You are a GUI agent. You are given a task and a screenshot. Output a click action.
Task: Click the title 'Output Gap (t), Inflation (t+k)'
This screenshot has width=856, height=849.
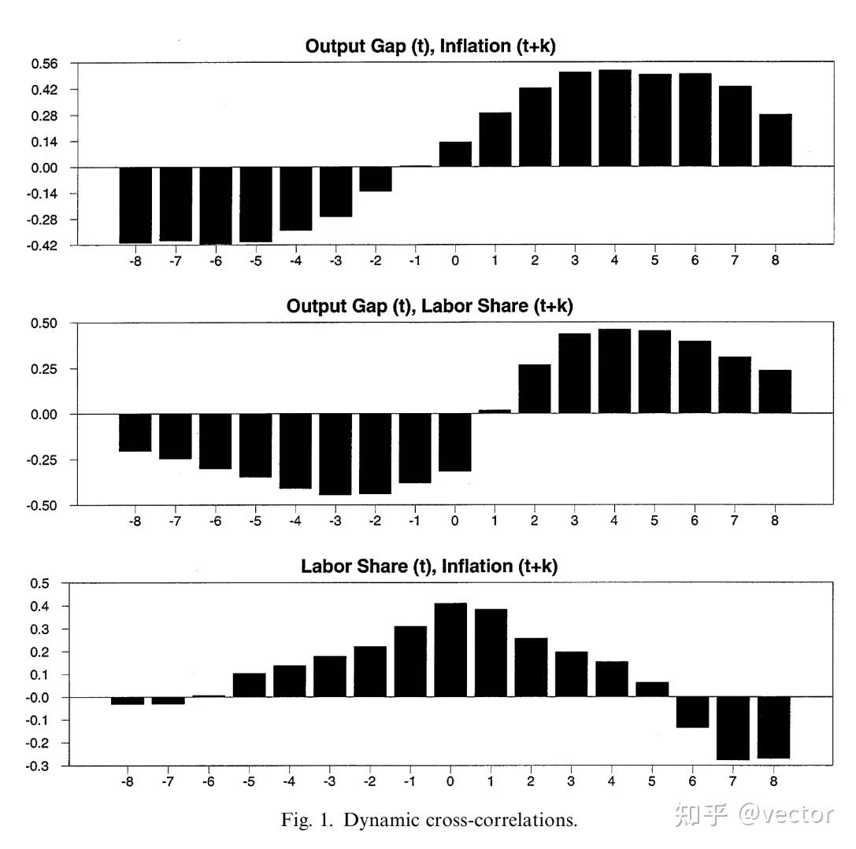pyautogui.click(x=430, y=46)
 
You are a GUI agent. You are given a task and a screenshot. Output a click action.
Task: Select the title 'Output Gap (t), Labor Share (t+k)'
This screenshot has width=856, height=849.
pyautogui.click(x=430, y=306)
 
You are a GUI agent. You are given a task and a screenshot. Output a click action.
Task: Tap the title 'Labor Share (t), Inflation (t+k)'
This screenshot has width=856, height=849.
pyautogui.click(x=429, y=567)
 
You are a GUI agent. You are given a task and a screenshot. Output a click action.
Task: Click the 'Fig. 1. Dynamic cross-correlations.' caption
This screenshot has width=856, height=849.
pyautogui.click(x=429, y=820)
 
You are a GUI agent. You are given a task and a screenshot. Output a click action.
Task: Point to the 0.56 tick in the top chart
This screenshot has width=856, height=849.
pyautogui.click(x=44, y=64)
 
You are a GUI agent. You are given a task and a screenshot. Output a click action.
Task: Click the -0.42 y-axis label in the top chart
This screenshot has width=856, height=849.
pyautogui.click(x=42, y=245)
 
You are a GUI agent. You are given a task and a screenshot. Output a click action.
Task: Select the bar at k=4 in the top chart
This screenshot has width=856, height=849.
pyautogui.click(x=615, y=118)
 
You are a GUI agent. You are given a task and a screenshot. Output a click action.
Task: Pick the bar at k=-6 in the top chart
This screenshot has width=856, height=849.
pyautogui.click(x=216, y=205)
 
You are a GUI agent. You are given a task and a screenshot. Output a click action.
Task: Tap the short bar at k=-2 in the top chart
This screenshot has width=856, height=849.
pyautogui.click(x=376, y=179)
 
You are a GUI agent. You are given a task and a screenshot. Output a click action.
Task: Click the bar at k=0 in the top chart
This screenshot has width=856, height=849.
pyautogui.click(x=455, y=154)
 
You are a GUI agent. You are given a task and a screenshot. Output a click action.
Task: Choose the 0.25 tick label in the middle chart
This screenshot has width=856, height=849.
pyautogui.click(x=43, y=369)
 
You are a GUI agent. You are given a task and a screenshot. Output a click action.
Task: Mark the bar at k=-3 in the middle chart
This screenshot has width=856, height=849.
pyautogui.click(x=335, y=455)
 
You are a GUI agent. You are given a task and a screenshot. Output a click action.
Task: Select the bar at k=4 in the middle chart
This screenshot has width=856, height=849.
pyautogui.click(x=615, y=371)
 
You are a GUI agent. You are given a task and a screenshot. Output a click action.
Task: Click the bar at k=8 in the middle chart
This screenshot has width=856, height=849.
pyautogui.click(x=775, y=392)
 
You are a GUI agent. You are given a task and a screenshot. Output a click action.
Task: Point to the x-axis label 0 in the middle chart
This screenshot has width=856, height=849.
pyautogui.click(x=454, y=521)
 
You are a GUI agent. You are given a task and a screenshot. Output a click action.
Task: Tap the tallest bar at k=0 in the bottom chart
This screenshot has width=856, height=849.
pyautogui.click(x=451, y=650)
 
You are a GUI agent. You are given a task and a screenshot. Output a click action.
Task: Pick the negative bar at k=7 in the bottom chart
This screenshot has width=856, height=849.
pyautogui.click(x=733, y=729)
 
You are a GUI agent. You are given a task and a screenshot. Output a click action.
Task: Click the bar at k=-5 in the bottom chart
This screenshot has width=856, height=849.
pyautogui.click(x=250, y=685)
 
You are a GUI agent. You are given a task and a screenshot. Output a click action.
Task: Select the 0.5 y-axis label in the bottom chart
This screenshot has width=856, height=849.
pyautogui.click(x=39, y=583)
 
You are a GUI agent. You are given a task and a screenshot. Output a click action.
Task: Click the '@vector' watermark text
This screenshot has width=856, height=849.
pyautogui.click(x=786, y=814)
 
